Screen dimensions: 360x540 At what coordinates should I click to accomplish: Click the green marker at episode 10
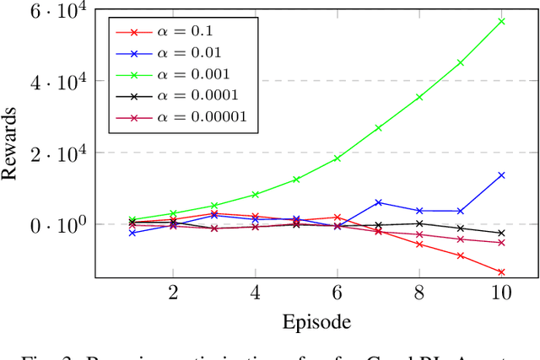pyautogui.click(x=501, y=21)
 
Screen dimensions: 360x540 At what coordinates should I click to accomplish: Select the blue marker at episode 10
pyautogui.click(x=501, y=175)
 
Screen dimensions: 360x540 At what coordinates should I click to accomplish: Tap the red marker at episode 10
pyautogui.click(x=501, y=272)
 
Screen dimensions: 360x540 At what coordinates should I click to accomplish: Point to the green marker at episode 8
pyautogui.click(x=419, y=98)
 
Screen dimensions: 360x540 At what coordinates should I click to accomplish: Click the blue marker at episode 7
pyautogui.click(x=378, y=202)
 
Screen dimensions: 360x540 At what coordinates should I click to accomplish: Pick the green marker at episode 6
pyautogui.click(x=337, y=158)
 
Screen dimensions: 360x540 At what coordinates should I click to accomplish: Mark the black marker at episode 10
pyautogui.click(x=501, y=233)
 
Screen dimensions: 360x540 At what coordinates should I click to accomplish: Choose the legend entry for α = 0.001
pyautogui.click(x=181, y=74)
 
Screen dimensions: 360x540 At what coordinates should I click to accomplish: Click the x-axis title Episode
pyautogui.click(x=316, y=321)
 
